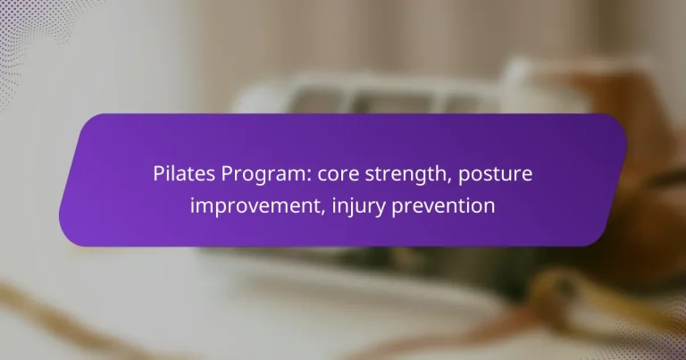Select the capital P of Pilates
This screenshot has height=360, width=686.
pyautogui.click(x=157, y=173)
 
